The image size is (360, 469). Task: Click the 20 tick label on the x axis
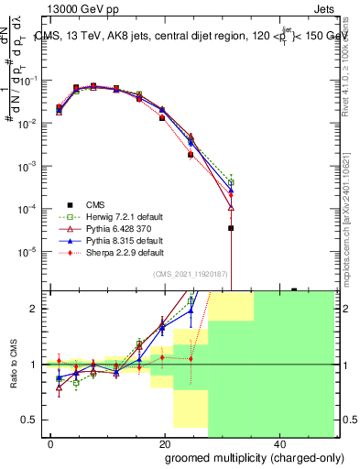(x=165, y=443)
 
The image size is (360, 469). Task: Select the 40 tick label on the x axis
(x=278, y=443)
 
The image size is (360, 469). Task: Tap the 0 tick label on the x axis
(x=51, y=443)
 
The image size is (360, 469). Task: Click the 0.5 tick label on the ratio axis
(x=29, y=420)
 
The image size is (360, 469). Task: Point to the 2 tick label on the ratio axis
(x=34, y=309)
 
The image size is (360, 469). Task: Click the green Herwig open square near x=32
(x=231, y=182)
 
